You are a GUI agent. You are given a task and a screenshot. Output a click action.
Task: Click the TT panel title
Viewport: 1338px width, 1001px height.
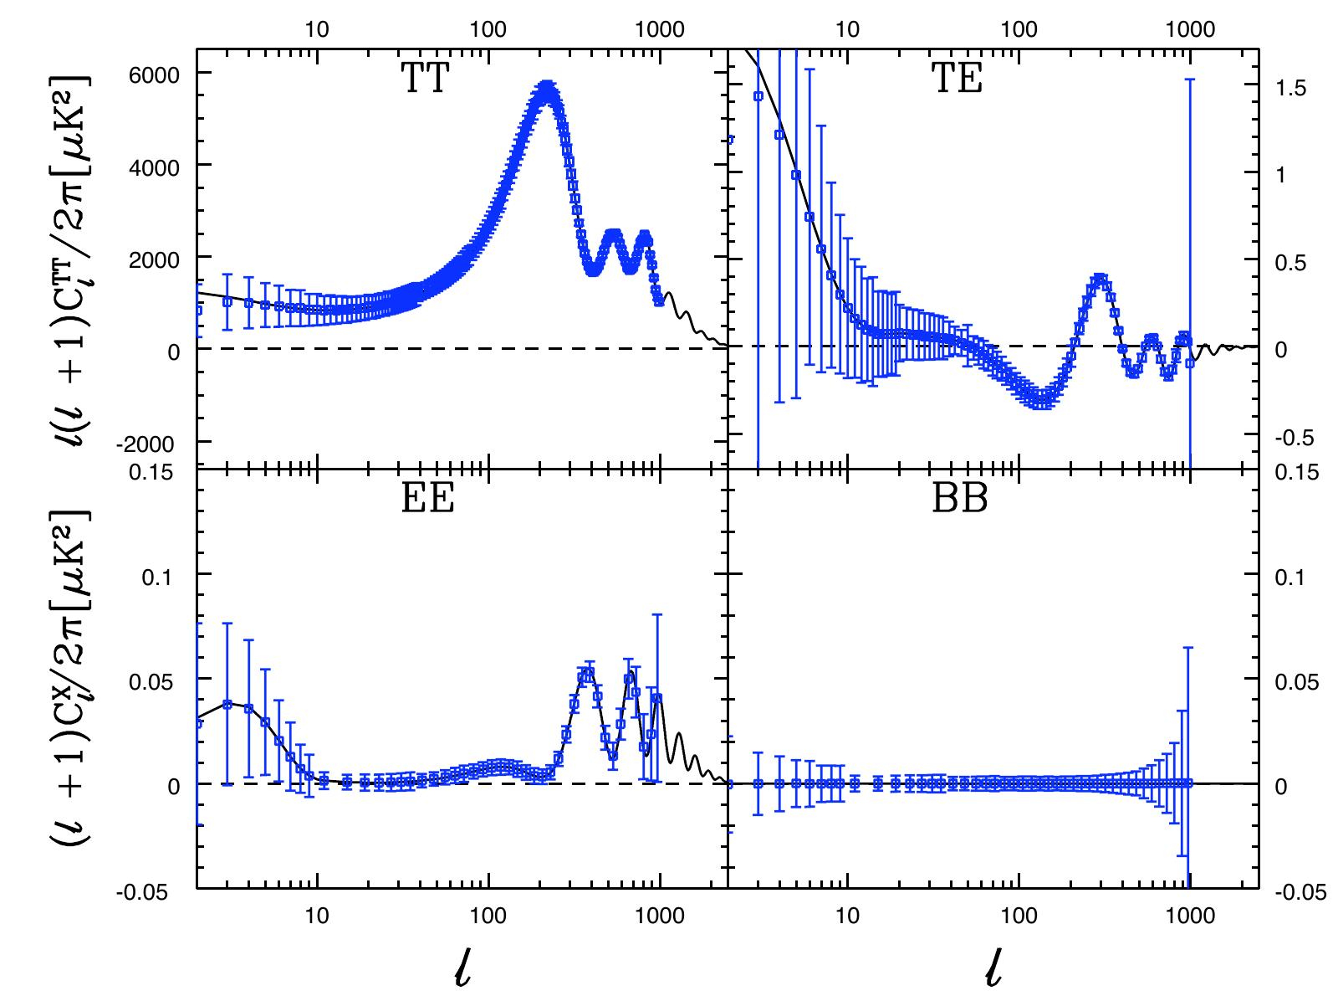coord(425,78)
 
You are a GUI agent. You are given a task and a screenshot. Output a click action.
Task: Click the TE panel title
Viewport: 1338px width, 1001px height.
coord(957,78)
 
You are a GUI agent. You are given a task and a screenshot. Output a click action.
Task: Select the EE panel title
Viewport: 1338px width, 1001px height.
coord(427,498)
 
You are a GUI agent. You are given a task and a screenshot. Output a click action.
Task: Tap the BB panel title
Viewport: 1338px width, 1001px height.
coord(959,498)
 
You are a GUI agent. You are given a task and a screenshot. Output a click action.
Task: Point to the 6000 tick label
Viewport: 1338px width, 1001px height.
coord(154,75)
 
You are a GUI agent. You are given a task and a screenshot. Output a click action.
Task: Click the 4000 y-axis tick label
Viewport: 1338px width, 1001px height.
coord(154,167)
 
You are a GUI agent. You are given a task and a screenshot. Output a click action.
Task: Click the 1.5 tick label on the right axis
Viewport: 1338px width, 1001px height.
coord(1290,88)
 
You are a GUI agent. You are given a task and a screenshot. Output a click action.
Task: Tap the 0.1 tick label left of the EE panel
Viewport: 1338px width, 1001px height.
coord(157,577)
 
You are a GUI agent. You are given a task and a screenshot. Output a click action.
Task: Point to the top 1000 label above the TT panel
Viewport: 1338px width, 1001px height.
coord(660,29)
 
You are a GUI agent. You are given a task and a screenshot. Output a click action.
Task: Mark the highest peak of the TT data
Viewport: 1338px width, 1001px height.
coord(547,87)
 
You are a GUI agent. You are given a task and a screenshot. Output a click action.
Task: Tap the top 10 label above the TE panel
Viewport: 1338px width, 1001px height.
coord(846,29)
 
